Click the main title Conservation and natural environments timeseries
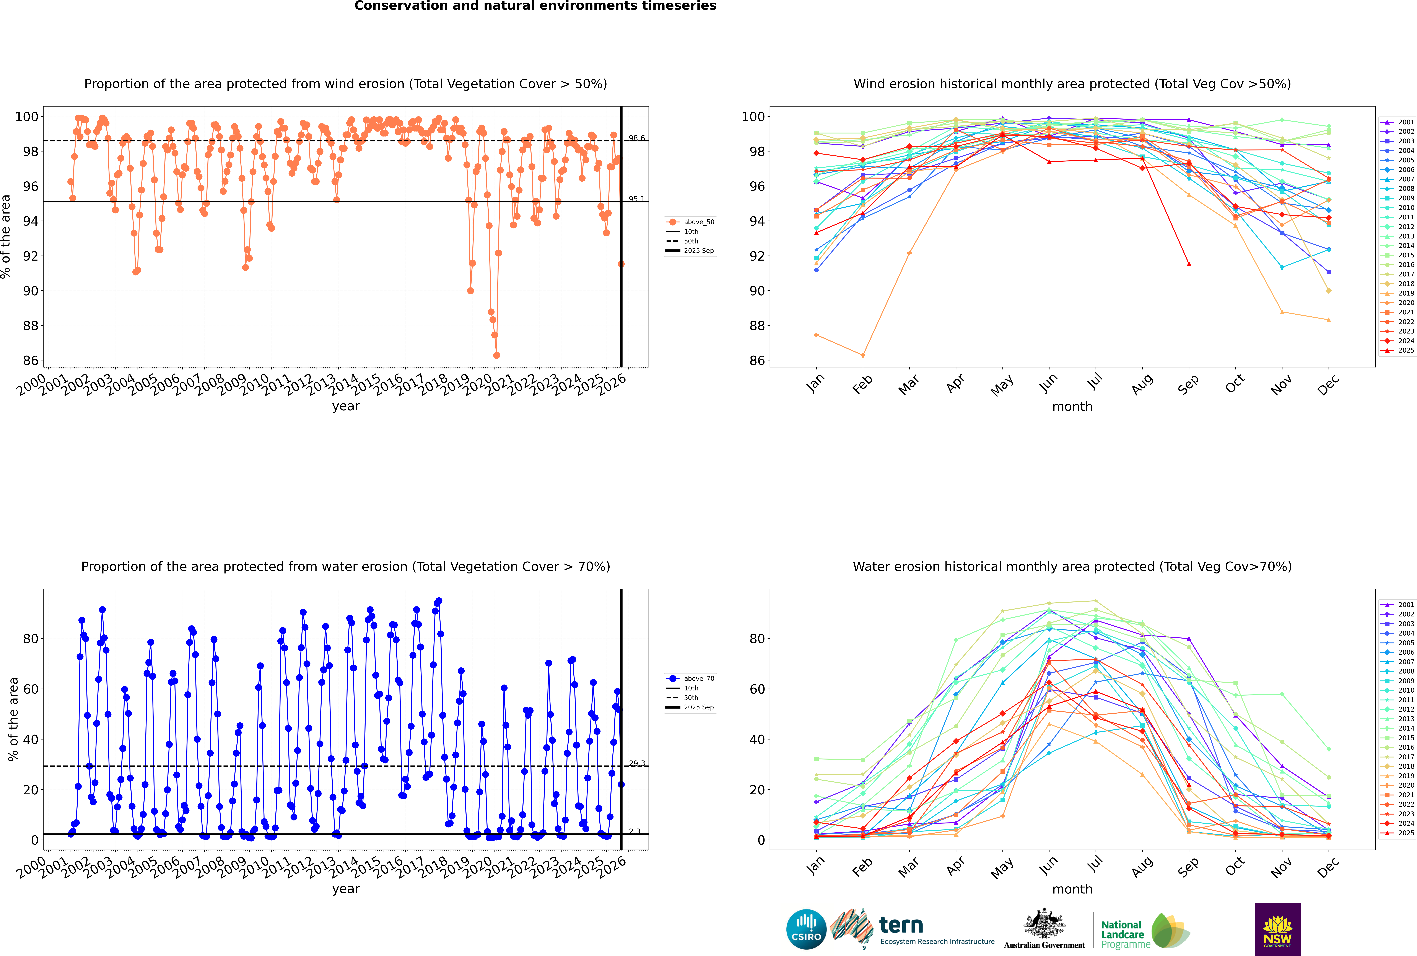pos(535,6)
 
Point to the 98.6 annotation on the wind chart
pos(637,138)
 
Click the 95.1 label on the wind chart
pos(637,199)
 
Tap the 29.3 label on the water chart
pos(637,763)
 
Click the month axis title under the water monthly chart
pos(1072,889)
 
